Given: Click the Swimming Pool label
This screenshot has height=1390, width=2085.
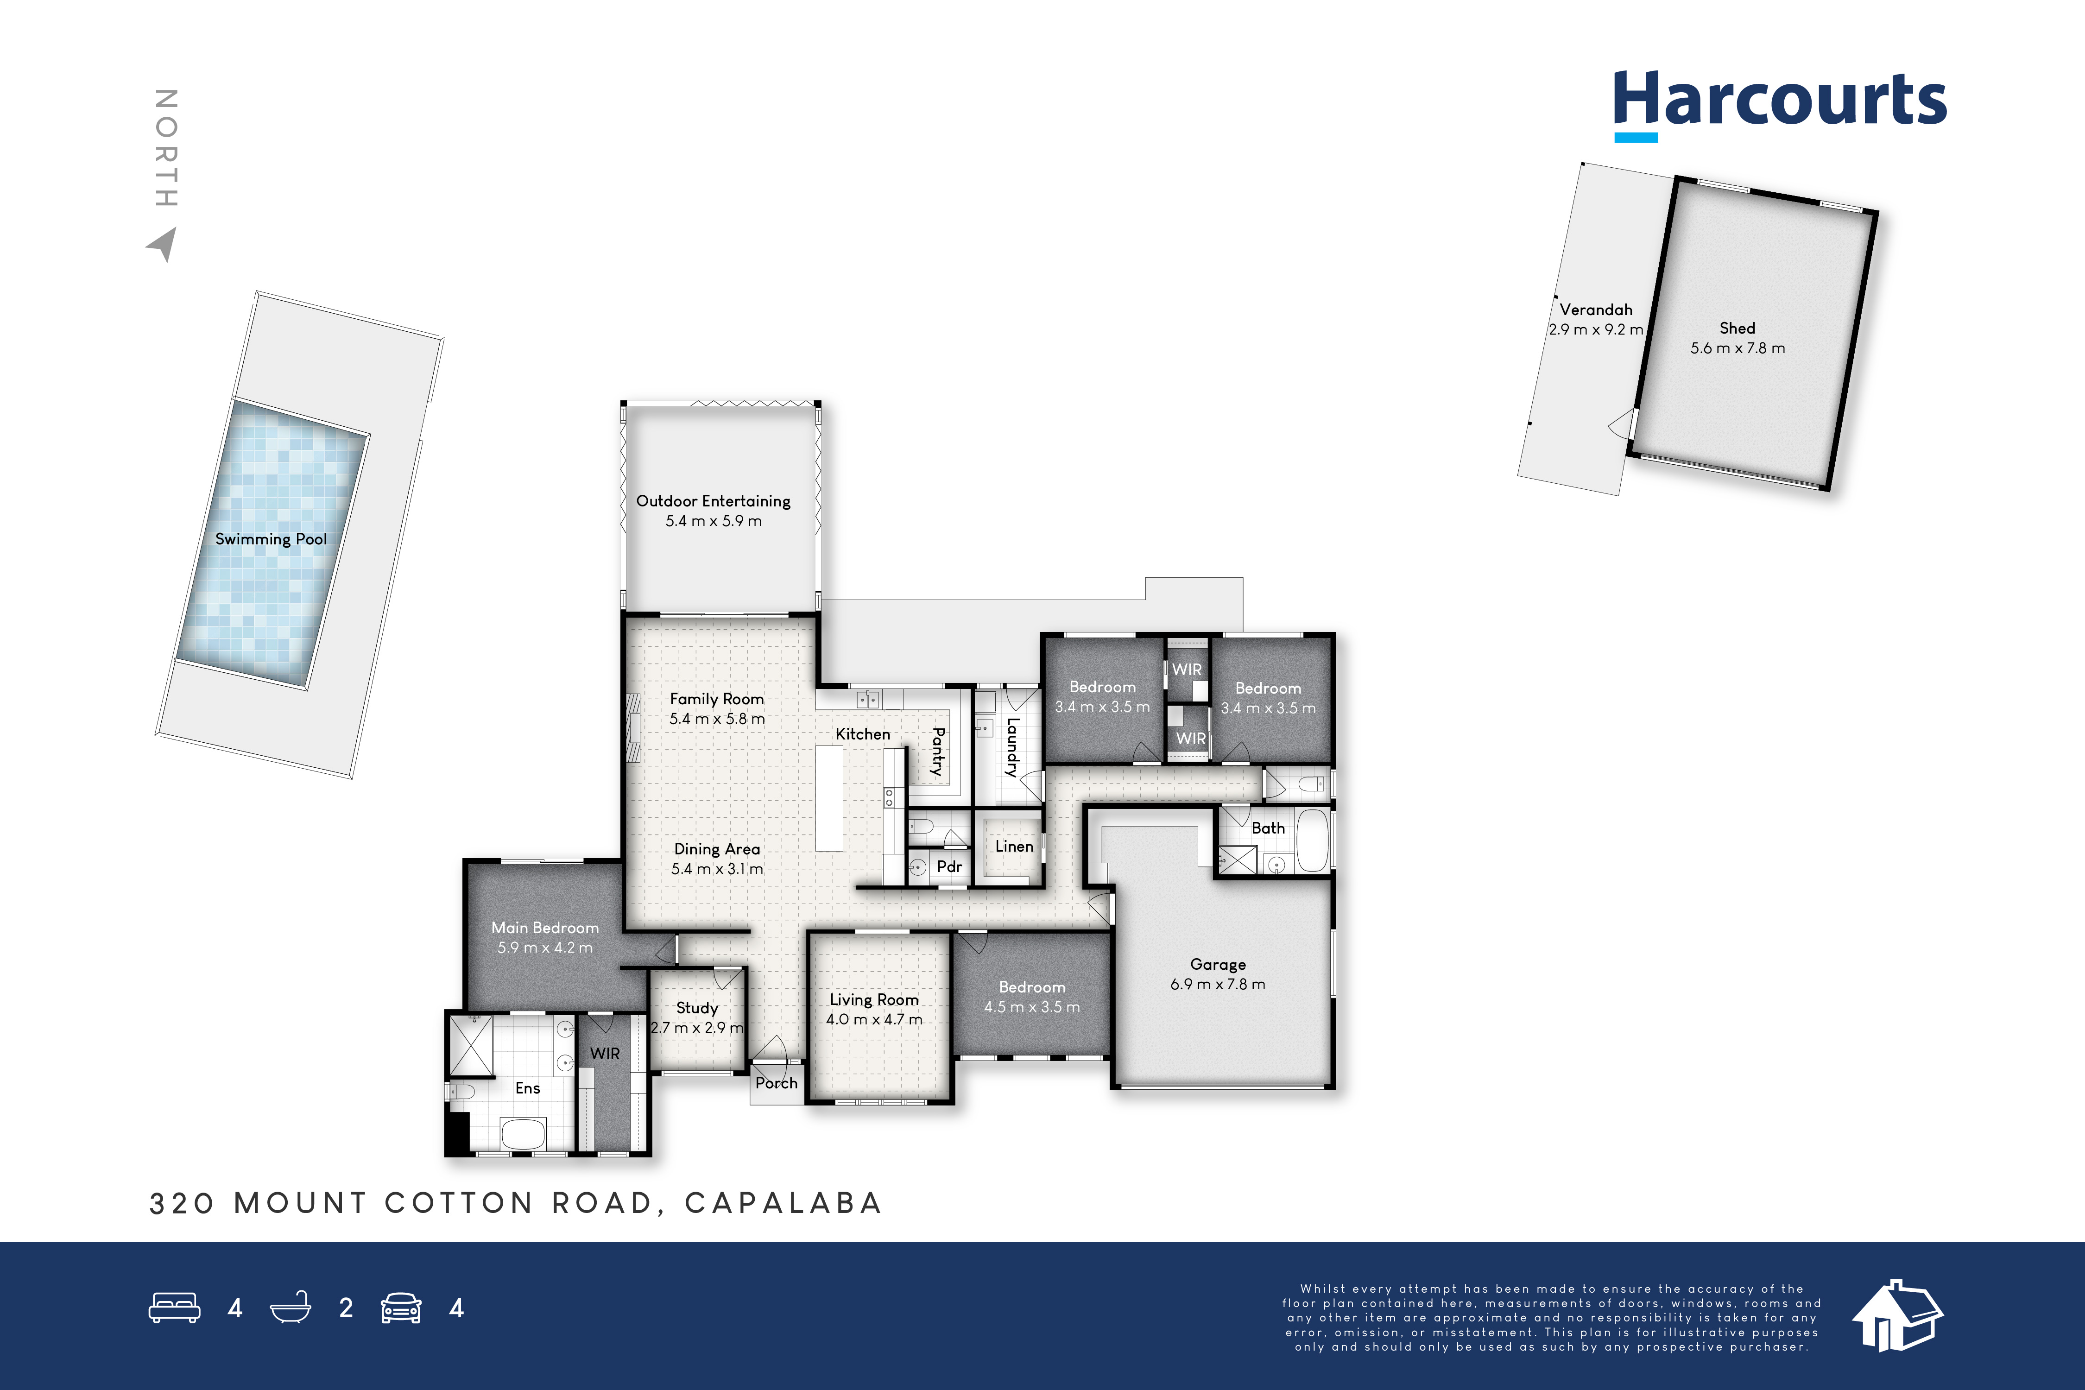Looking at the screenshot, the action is [271, 539].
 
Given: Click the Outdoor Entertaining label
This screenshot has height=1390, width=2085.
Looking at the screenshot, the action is [714, 501].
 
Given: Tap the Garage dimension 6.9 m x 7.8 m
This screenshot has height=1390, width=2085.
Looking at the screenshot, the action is [1218, 984].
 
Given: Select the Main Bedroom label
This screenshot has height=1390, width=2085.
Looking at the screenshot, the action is [545, 927].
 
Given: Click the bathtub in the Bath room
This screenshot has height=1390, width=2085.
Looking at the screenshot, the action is [1314, 840].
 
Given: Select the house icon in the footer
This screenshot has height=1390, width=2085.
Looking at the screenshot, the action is [1897, 1315].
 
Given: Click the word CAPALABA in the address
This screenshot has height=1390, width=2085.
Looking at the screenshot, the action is [783, 1203].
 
